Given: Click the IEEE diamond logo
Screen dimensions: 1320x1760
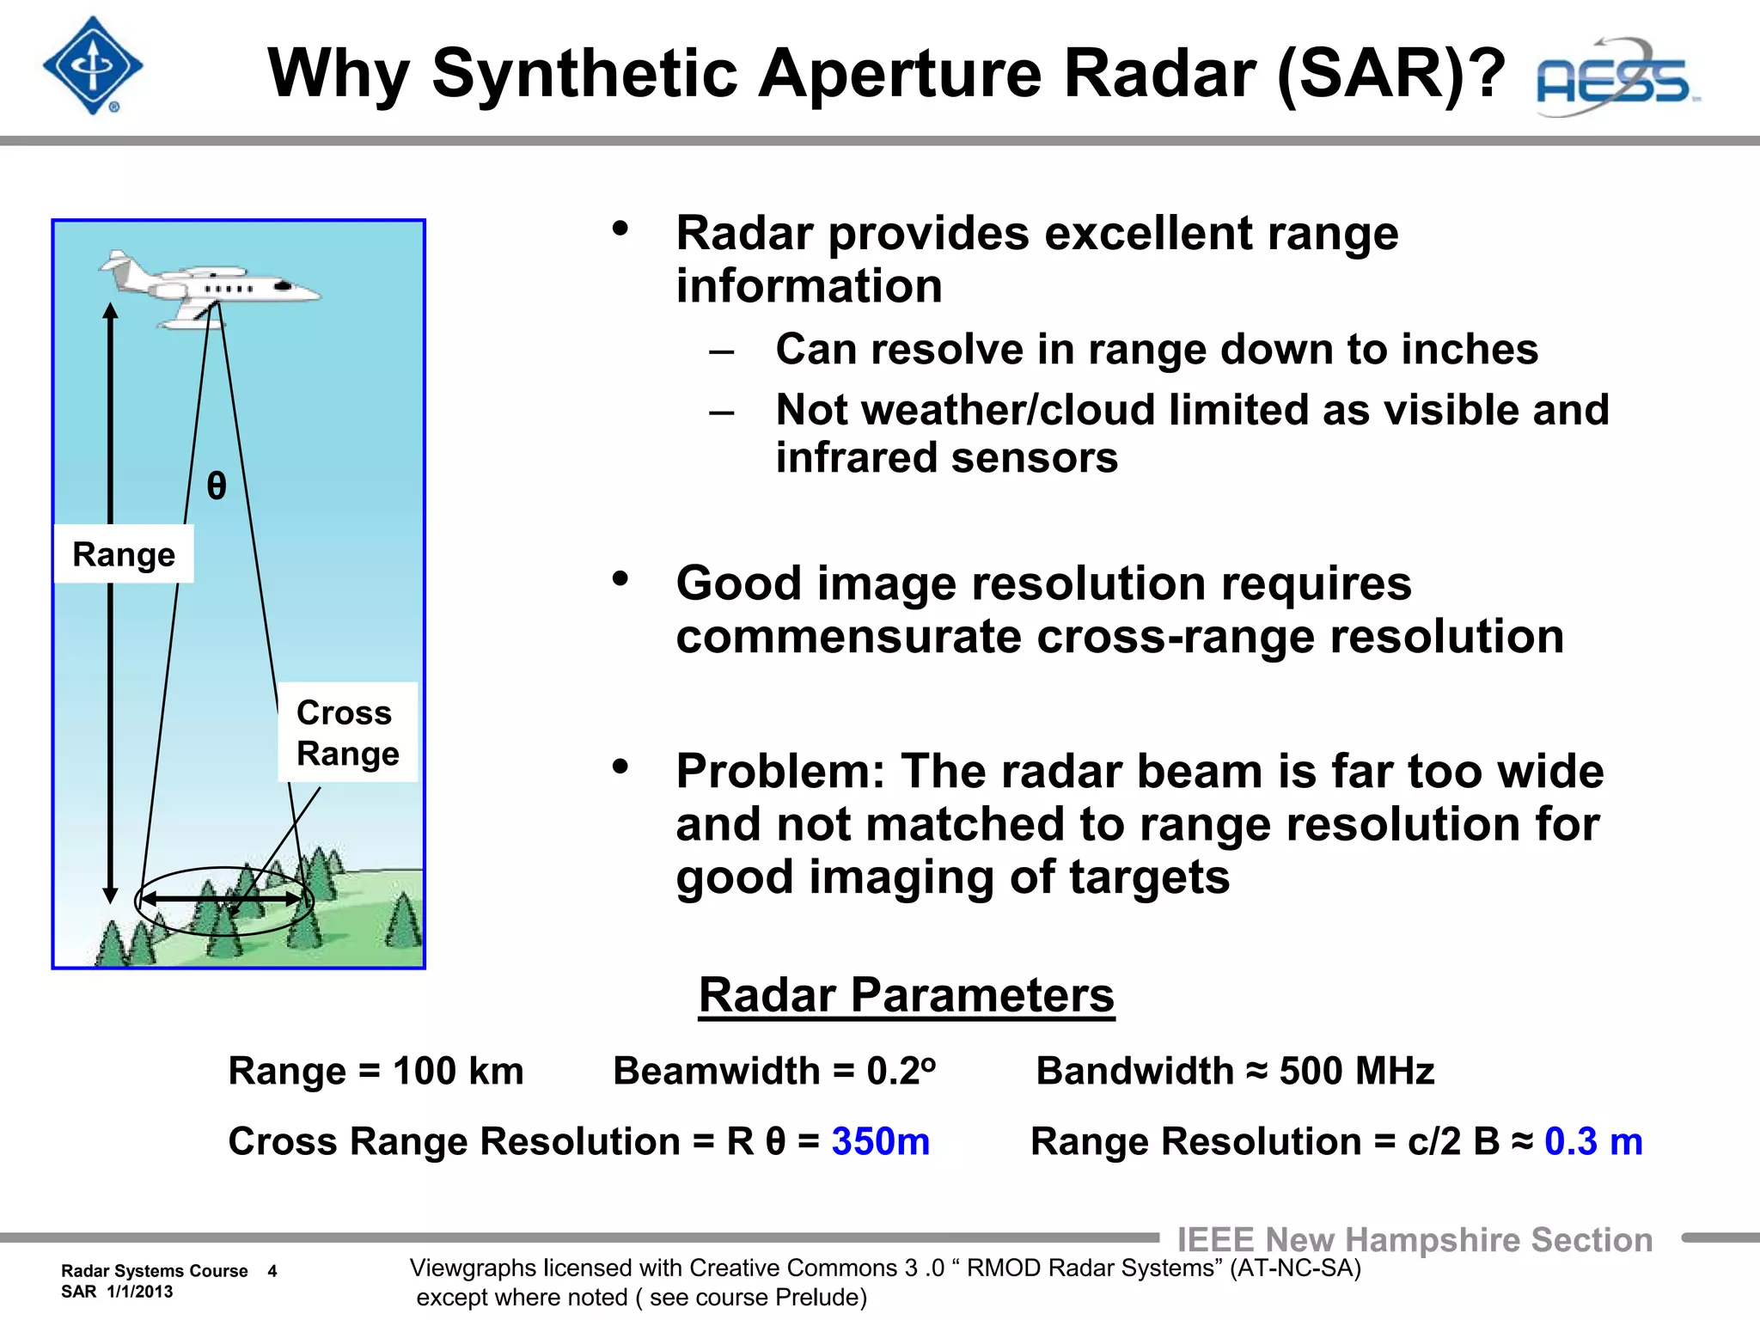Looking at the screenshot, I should coord(93,66).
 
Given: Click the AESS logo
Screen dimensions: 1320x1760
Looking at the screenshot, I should coord(1616,79).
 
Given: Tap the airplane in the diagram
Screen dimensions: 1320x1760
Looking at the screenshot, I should coord(211,289).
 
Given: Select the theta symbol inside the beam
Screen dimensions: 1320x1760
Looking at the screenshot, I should coord(217,486).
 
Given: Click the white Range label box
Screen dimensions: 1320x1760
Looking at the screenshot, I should coord(124,554).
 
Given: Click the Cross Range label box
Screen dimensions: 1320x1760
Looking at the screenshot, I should coord(347,732).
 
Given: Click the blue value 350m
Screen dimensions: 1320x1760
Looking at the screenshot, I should coord(880,1141).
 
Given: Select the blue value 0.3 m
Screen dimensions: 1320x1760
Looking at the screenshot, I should coord(1592,1141).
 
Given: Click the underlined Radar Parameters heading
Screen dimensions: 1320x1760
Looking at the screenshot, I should coord(906,995).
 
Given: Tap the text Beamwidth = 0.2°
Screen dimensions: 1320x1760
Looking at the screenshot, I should coord(773,1071).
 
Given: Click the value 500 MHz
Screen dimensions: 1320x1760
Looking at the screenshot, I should coord(1356,1071).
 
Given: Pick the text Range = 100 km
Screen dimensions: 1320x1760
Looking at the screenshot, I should coord(376,1071).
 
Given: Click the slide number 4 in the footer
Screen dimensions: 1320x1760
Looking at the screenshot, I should coord(272,1271).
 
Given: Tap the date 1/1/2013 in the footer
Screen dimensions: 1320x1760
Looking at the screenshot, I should coord(140,1292).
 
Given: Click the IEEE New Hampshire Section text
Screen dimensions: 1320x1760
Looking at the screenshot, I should coord(1414,1239).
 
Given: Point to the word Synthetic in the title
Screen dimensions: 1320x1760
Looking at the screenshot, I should coord(584,73).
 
